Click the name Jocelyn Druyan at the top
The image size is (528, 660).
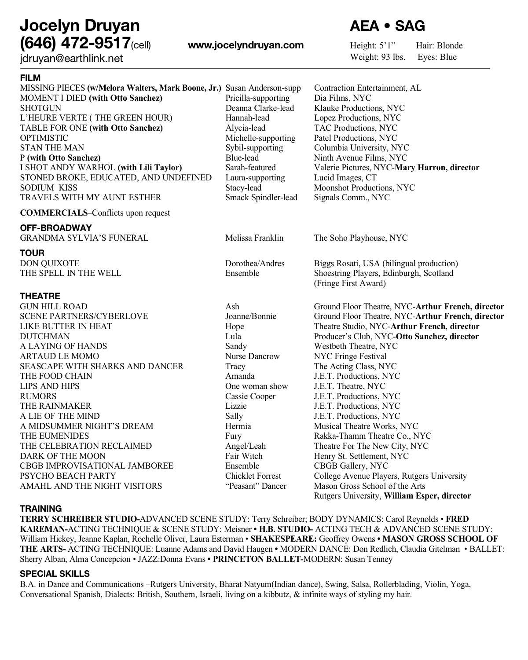80,26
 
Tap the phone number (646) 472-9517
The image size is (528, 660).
75,44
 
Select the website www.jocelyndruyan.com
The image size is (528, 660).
246,45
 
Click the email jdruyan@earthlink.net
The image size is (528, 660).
71,59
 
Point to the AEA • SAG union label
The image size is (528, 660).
387,26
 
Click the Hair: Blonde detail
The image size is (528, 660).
439,46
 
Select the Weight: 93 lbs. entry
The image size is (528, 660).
378,57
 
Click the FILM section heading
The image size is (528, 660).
30,78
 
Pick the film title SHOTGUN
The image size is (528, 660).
40,108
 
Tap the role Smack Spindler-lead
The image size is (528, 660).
261,198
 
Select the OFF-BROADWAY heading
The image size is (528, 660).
56,228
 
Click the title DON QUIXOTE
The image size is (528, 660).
50,264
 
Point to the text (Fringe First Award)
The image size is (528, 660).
350,283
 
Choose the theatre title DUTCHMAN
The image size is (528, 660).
44,337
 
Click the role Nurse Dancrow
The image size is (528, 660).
252,356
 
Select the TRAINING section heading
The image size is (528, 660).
40,509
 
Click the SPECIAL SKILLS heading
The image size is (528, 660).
55,574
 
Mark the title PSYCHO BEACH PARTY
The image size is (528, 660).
68,476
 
